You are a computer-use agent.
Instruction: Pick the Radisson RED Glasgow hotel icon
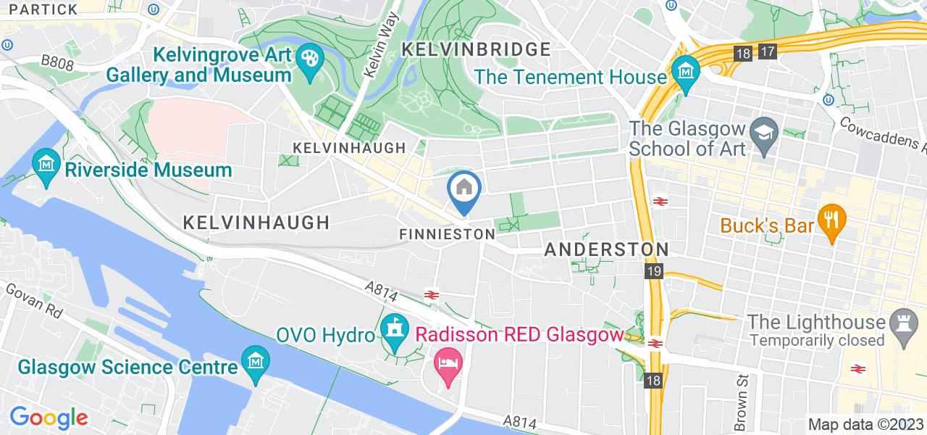(445, 360)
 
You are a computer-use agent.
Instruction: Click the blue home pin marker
(463, 189)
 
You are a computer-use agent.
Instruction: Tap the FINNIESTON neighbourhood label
(447, 235)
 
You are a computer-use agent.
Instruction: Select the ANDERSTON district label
(606, 249)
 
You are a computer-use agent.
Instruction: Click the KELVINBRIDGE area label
(475, 49)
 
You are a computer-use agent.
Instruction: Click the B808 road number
(57, 65)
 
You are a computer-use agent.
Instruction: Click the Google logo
(49, 418)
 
